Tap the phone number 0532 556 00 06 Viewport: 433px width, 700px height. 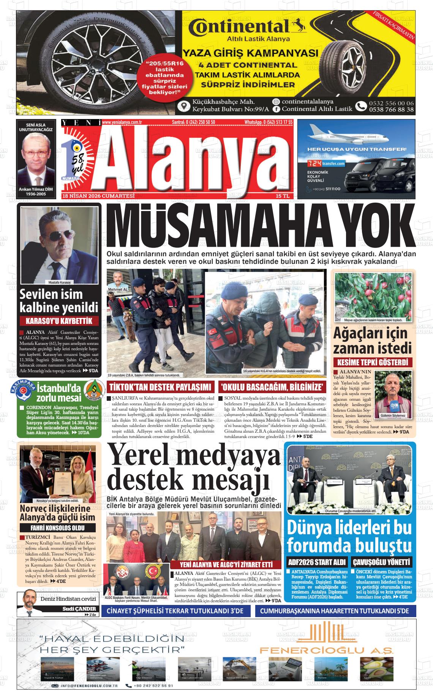coord(391,103)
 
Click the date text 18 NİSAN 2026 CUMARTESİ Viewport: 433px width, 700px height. coord(98,196)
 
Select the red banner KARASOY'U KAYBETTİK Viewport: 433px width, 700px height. coord(59,321)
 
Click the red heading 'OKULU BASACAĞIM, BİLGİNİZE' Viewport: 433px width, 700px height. coord(272,387)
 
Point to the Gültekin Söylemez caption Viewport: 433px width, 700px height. coord(393,416)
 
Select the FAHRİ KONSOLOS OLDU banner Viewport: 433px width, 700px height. coord(57,528)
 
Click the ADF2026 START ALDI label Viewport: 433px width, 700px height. coord(317,562)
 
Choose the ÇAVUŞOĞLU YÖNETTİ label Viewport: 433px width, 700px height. coord(381,562)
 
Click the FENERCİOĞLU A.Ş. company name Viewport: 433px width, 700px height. coord(326,651)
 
